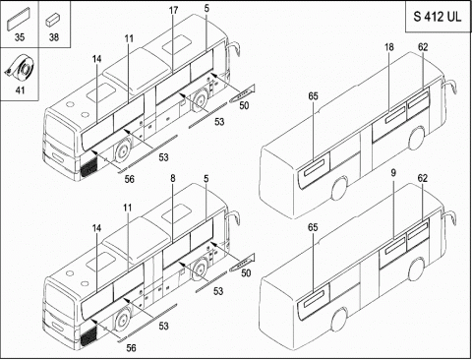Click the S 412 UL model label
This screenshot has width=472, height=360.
pos(438,16)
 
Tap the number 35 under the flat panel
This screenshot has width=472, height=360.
pos(20,37)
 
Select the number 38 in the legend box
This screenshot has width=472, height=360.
pos(54,37)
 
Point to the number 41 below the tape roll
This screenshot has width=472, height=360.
pos(20,90)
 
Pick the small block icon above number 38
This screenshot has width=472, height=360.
pos(53,20)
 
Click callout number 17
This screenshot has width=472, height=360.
pos(173,10)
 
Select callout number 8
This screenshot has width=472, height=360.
pos(173,178)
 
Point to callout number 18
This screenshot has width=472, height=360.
pos(389,47)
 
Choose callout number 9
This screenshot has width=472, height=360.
pos(393,173)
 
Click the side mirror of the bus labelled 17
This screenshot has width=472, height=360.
pos(233,56)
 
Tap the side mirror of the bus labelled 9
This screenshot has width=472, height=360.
pos(449,218)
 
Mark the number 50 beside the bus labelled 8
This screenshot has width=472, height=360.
pos(246,273)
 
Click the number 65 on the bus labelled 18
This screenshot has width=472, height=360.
pos(313,96)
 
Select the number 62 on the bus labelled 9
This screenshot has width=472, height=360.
pos(423,178)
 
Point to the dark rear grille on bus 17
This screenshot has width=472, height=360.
pos(88,168)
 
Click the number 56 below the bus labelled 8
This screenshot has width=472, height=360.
pos(131,348)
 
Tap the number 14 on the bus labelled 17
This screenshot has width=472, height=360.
pos(96,59)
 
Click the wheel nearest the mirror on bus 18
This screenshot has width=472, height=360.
pos(417,138)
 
